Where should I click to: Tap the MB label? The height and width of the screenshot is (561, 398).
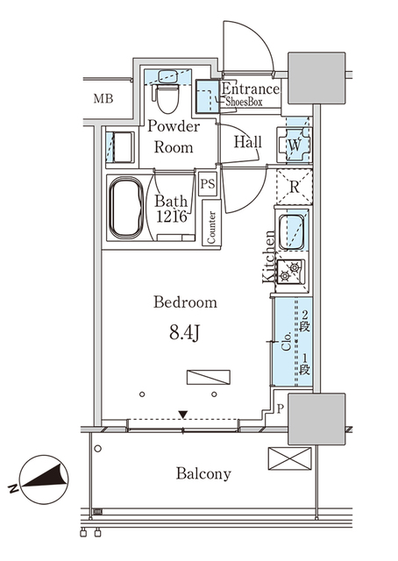click(104, 97)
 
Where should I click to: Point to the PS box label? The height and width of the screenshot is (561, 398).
click(208, 184)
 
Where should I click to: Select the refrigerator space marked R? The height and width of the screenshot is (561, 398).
click(294, 186)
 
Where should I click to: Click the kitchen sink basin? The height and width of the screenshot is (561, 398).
click(292, 231)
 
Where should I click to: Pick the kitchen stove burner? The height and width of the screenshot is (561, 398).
click(292, 270)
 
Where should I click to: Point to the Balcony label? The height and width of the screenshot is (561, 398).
click(203, 474)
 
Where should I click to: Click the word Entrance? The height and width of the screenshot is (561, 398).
click(251, 89)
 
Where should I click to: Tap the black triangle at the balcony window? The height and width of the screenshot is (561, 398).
click(182, 414)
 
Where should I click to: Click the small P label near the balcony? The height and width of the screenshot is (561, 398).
click(281, 408)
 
